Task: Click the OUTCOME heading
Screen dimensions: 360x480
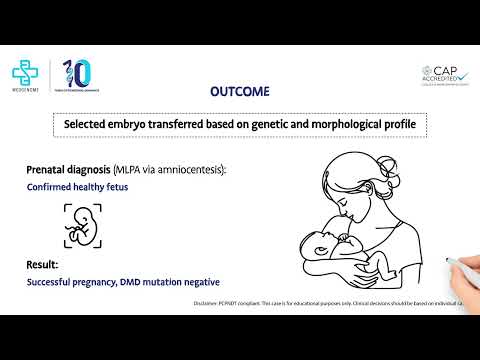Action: [239, 91]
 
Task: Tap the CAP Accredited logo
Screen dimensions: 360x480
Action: [444, 79]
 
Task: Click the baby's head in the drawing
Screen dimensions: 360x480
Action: [317, 246]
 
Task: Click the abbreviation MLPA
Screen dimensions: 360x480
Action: [131, 169]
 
